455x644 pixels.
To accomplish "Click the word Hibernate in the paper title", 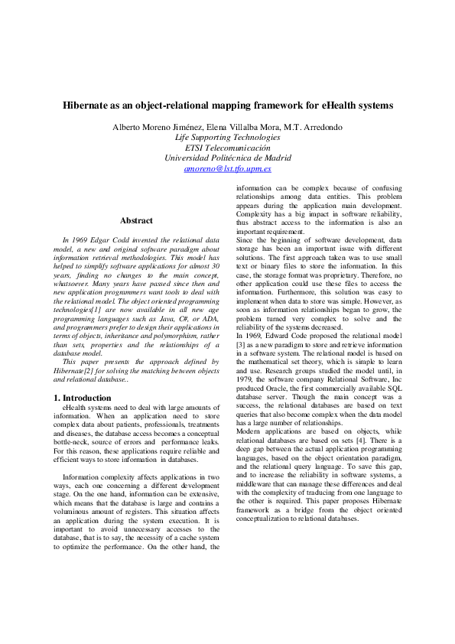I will [87, 105].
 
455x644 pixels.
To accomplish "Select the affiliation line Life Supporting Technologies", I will [228, 137].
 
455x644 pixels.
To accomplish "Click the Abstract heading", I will [136, 220].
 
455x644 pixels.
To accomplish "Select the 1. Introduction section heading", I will [83, 398].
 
